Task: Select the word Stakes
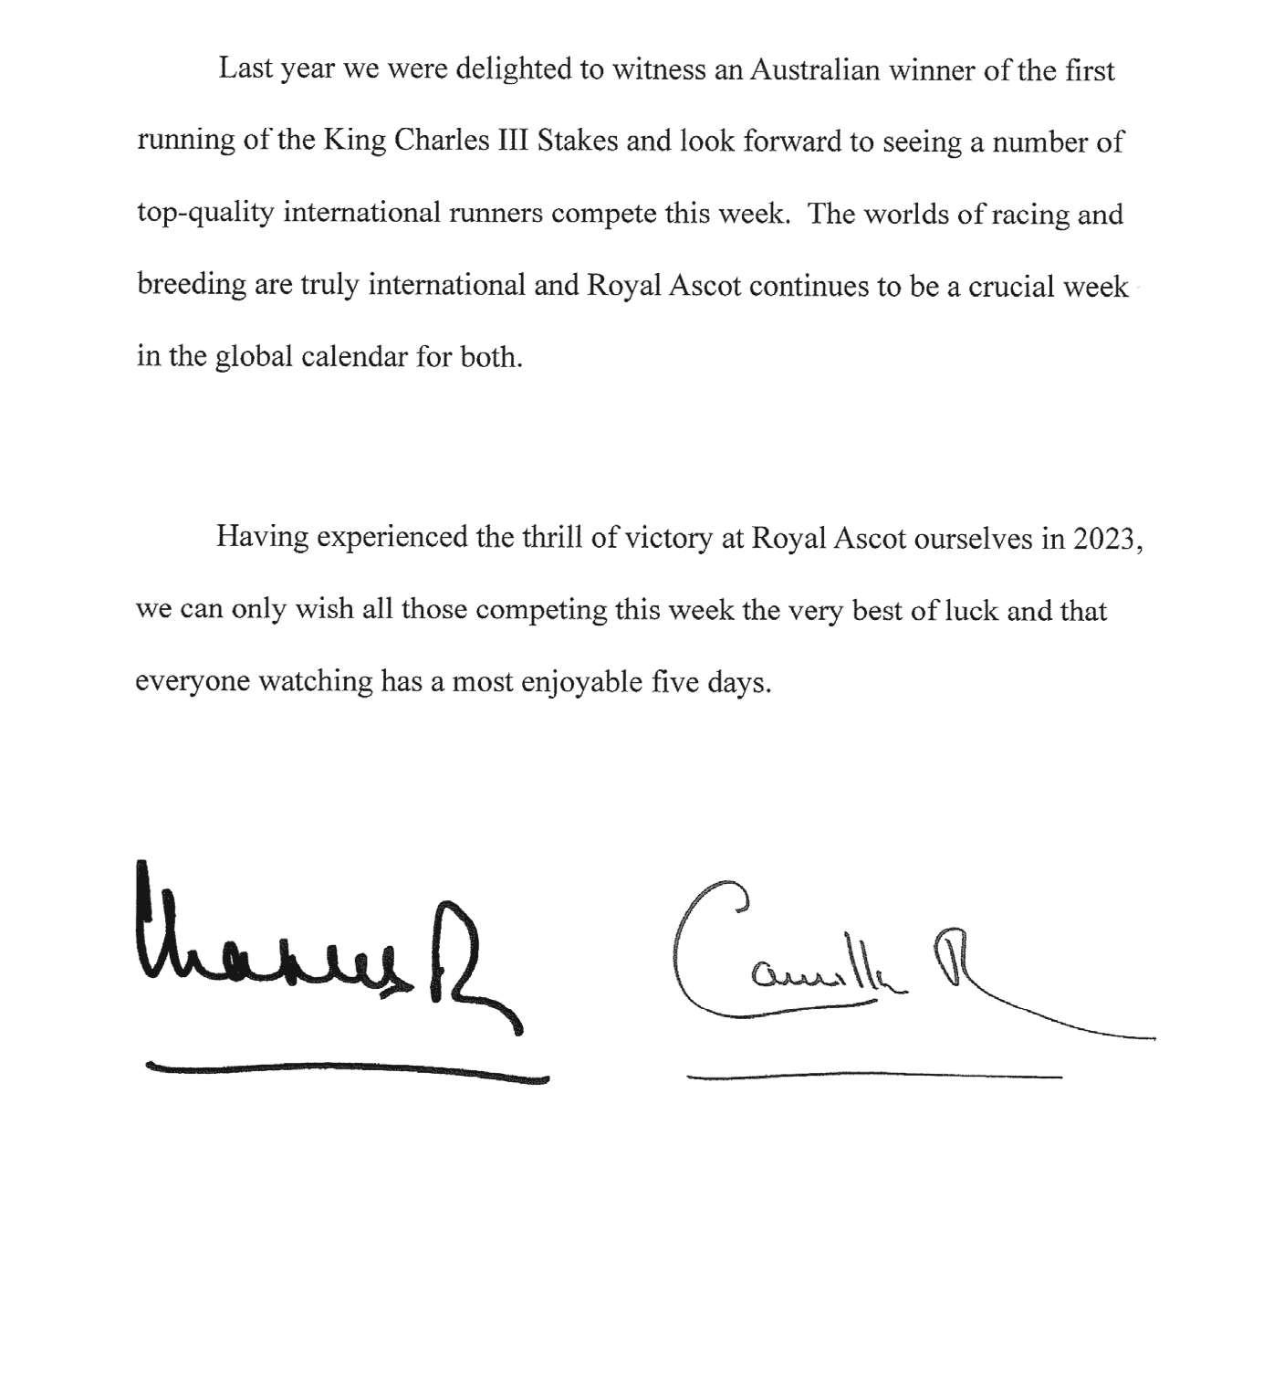click(x=579, y=142)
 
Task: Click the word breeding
click(x=191, y=286)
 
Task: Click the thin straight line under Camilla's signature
click(x=873, y=1077)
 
